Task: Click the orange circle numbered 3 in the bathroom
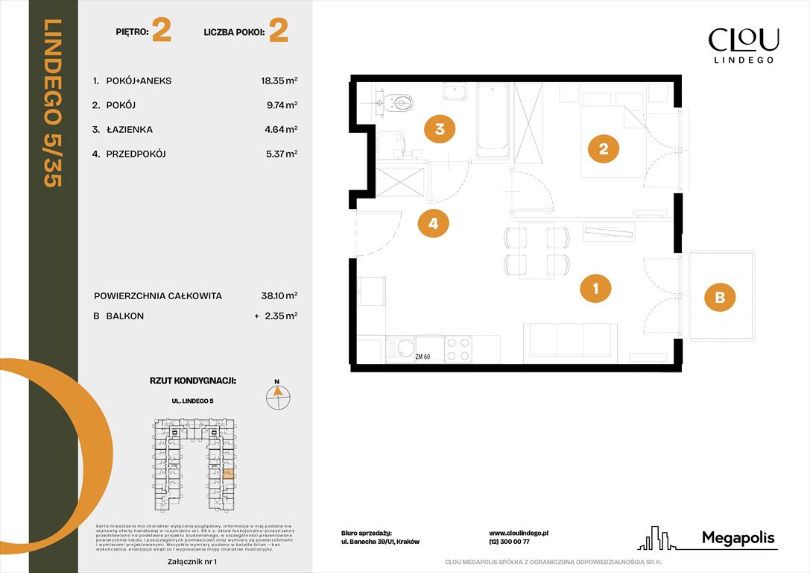pyautogui.click(x=440, y=129)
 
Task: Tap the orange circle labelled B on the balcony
pyautogui.click(x=720, y=298)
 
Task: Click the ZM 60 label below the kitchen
pyautogui.click(x=424, y=357)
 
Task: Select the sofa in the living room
pyautogui.click(x=570, y=341)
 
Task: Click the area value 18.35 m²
pyautogui.click(x=275, y=81)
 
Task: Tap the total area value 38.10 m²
pyautogui.click(x=275, y=295)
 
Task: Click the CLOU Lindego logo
pyautogui.click(x=743, y=45)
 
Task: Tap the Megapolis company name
pyautogui.click(x=738, y=538)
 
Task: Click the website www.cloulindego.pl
pyautogui.click(x=519, y=533)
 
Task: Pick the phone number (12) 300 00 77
pyautogui.click(x=509, y=542)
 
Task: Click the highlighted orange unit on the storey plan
pyautogui.click(x=229, y=473)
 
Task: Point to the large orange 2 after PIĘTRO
pyautogui.click(x=161, y=31)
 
